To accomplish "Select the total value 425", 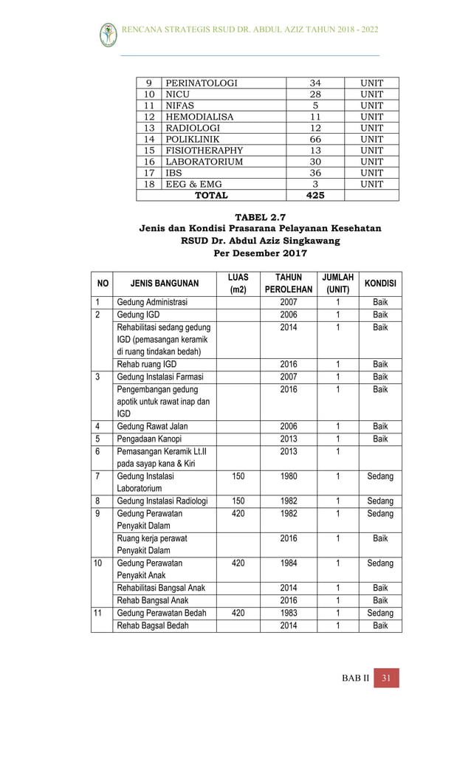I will click(314, 196).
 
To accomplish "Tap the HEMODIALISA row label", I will click(199, 117).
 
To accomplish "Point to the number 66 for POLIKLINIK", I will click(314, 139).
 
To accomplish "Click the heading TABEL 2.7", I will click(260, 216).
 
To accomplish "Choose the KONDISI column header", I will click(380, 284).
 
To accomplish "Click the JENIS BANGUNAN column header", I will click(165, 284).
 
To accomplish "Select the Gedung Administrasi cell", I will click(152, 303).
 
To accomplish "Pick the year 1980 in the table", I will click(289, 477).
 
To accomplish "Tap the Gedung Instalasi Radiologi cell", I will click(162, 501).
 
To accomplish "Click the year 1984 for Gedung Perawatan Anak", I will click(289, 563).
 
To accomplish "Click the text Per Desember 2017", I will click(260, 253).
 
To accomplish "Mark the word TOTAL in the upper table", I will click(210, 196).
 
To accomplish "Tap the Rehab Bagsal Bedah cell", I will click(153, 625).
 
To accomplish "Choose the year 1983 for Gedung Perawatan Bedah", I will click(289, 613).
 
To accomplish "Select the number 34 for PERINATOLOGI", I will click(314, 83).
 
